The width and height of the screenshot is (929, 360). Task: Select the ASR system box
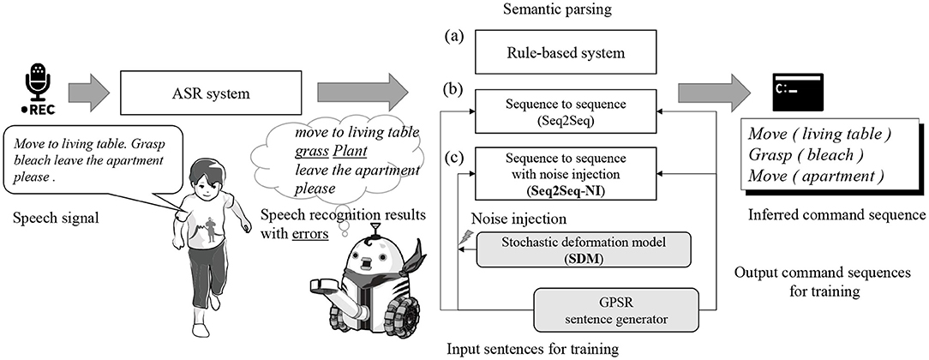pyautogui.click(x=208, y=88)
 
